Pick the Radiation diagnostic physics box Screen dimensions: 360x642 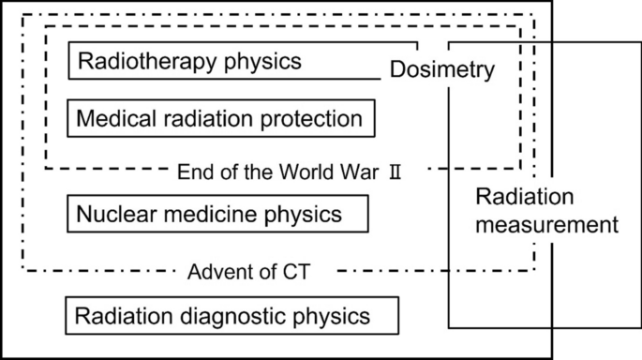coord(232,314)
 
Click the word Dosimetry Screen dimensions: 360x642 coord(441,69)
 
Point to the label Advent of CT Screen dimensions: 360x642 coord(248,272)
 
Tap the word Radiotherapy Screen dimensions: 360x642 coord(138,62)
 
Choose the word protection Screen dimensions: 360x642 coord(316,120)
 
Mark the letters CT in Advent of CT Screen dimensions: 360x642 coord(295,272)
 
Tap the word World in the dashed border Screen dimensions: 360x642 coord(308,172)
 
